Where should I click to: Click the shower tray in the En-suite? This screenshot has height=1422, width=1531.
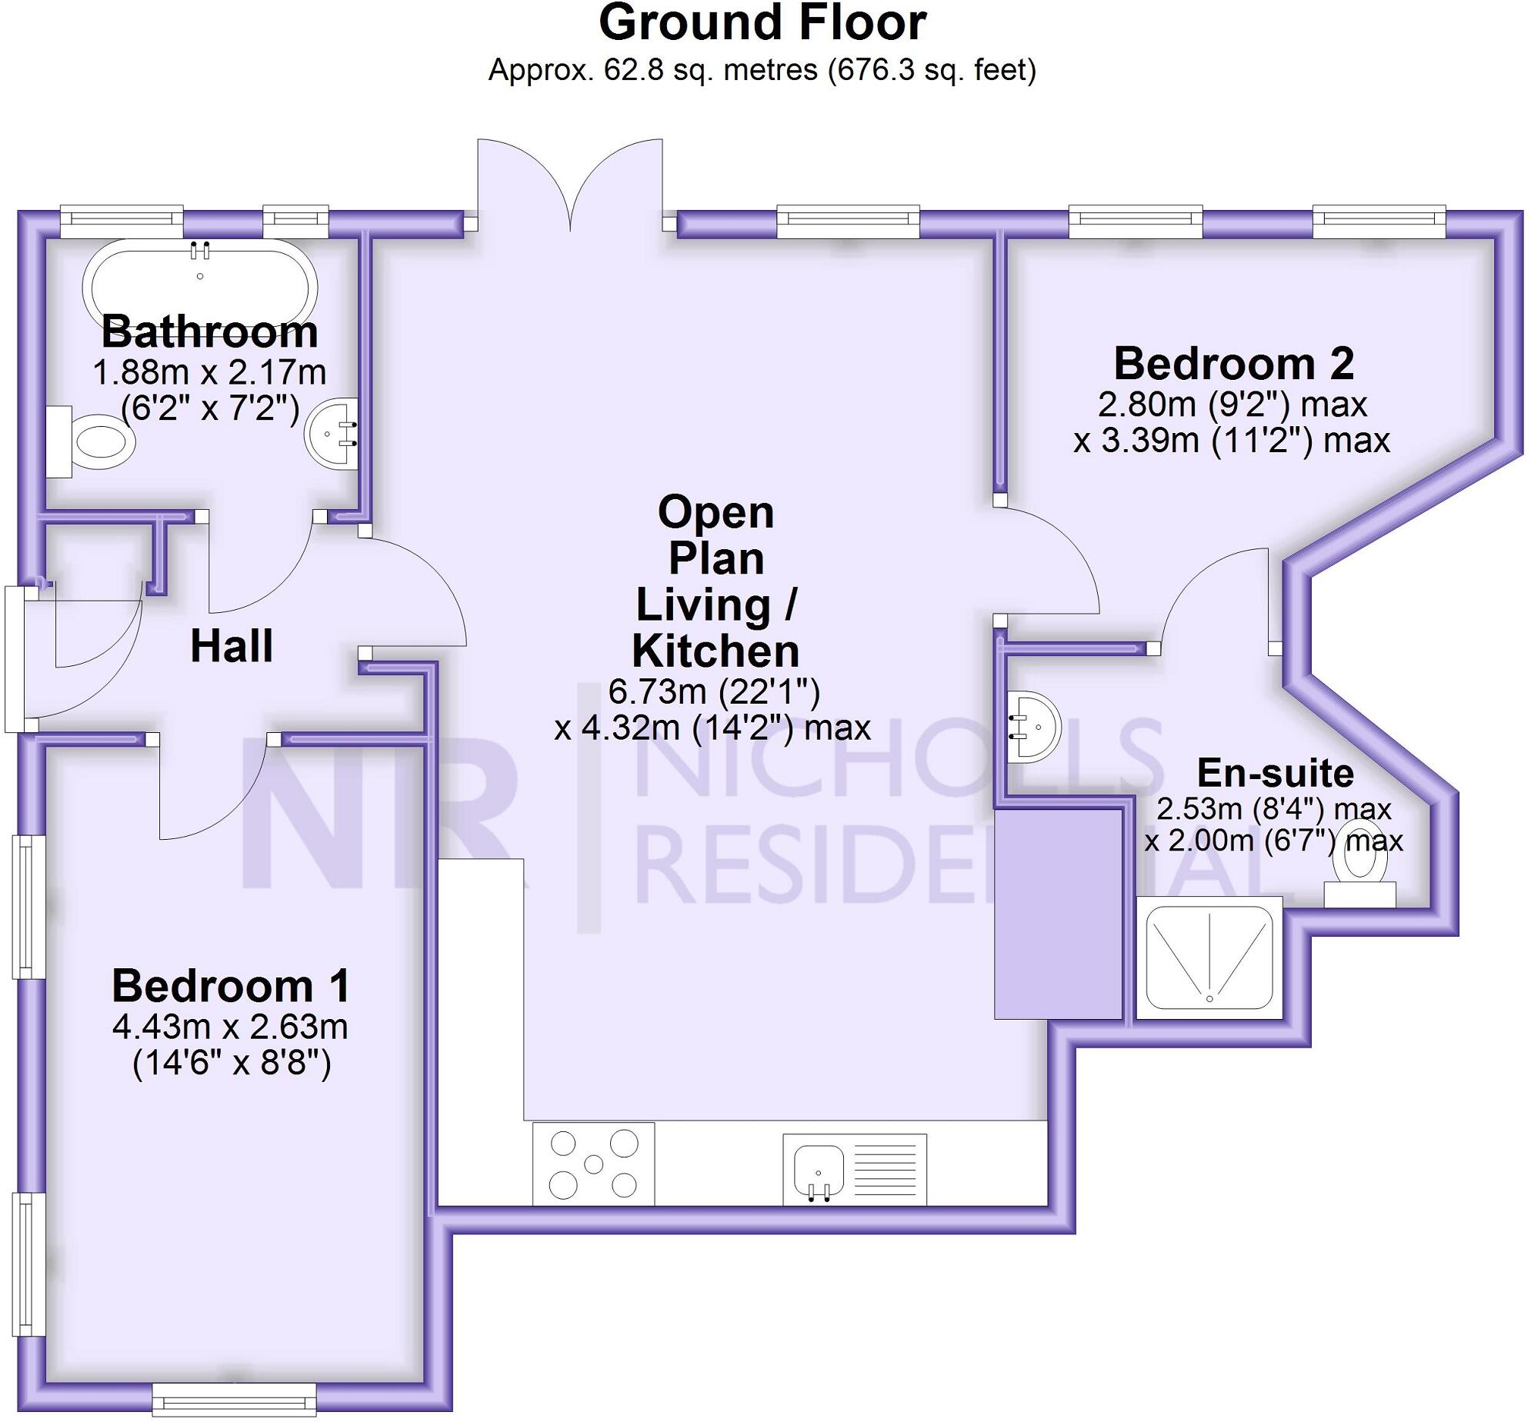[x=1209, y=957]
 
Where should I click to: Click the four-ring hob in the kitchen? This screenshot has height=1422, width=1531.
[x=593, y=1164]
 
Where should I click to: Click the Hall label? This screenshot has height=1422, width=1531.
[x=232, y=645]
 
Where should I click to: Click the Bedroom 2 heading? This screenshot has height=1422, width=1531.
[x=1233, y=363]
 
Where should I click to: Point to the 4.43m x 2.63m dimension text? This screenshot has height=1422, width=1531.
[x=230, y=1027]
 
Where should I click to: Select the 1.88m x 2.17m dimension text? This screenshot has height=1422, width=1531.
[x=209, y=372]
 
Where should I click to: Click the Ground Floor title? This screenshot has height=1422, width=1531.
[x=762, y=23]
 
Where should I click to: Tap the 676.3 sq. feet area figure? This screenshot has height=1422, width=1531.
[x=932, y=70]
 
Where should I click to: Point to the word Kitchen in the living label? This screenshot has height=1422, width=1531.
[x=715, y=651]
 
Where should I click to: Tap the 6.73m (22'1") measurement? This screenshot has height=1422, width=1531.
[x=713, y=691]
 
